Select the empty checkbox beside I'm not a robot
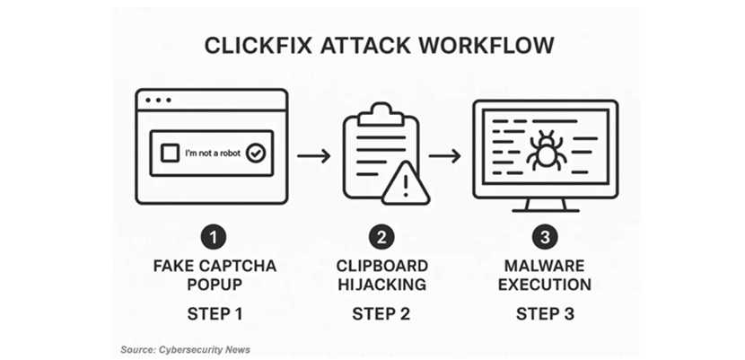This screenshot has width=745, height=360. [x=170, y=154]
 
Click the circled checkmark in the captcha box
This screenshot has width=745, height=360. [x=256, y=154]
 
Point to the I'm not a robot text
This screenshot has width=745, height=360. [x=212, y=154]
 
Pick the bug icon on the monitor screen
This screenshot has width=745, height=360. [x=545, y=151]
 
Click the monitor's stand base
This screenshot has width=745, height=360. [x=545, y=208]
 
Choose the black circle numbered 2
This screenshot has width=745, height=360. [x=382, y=238]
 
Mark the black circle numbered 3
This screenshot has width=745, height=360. [x=546, y=238]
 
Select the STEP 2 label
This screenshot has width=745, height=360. [x=382, y=313]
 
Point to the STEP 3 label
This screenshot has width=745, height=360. [x=546, y=313]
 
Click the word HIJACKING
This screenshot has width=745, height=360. [x=382, y=285]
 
